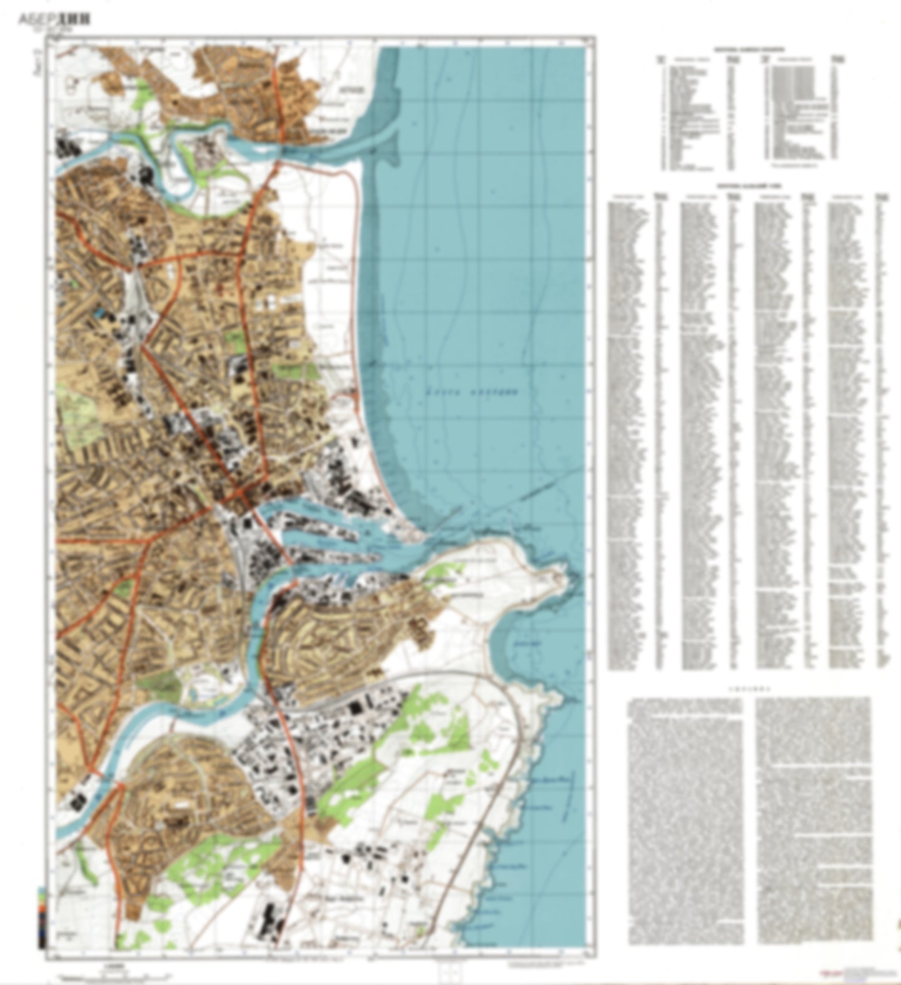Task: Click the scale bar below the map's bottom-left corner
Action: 94,973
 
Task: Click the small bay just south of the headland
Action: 521,642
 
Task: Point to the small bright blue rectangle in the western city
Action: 99,311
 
